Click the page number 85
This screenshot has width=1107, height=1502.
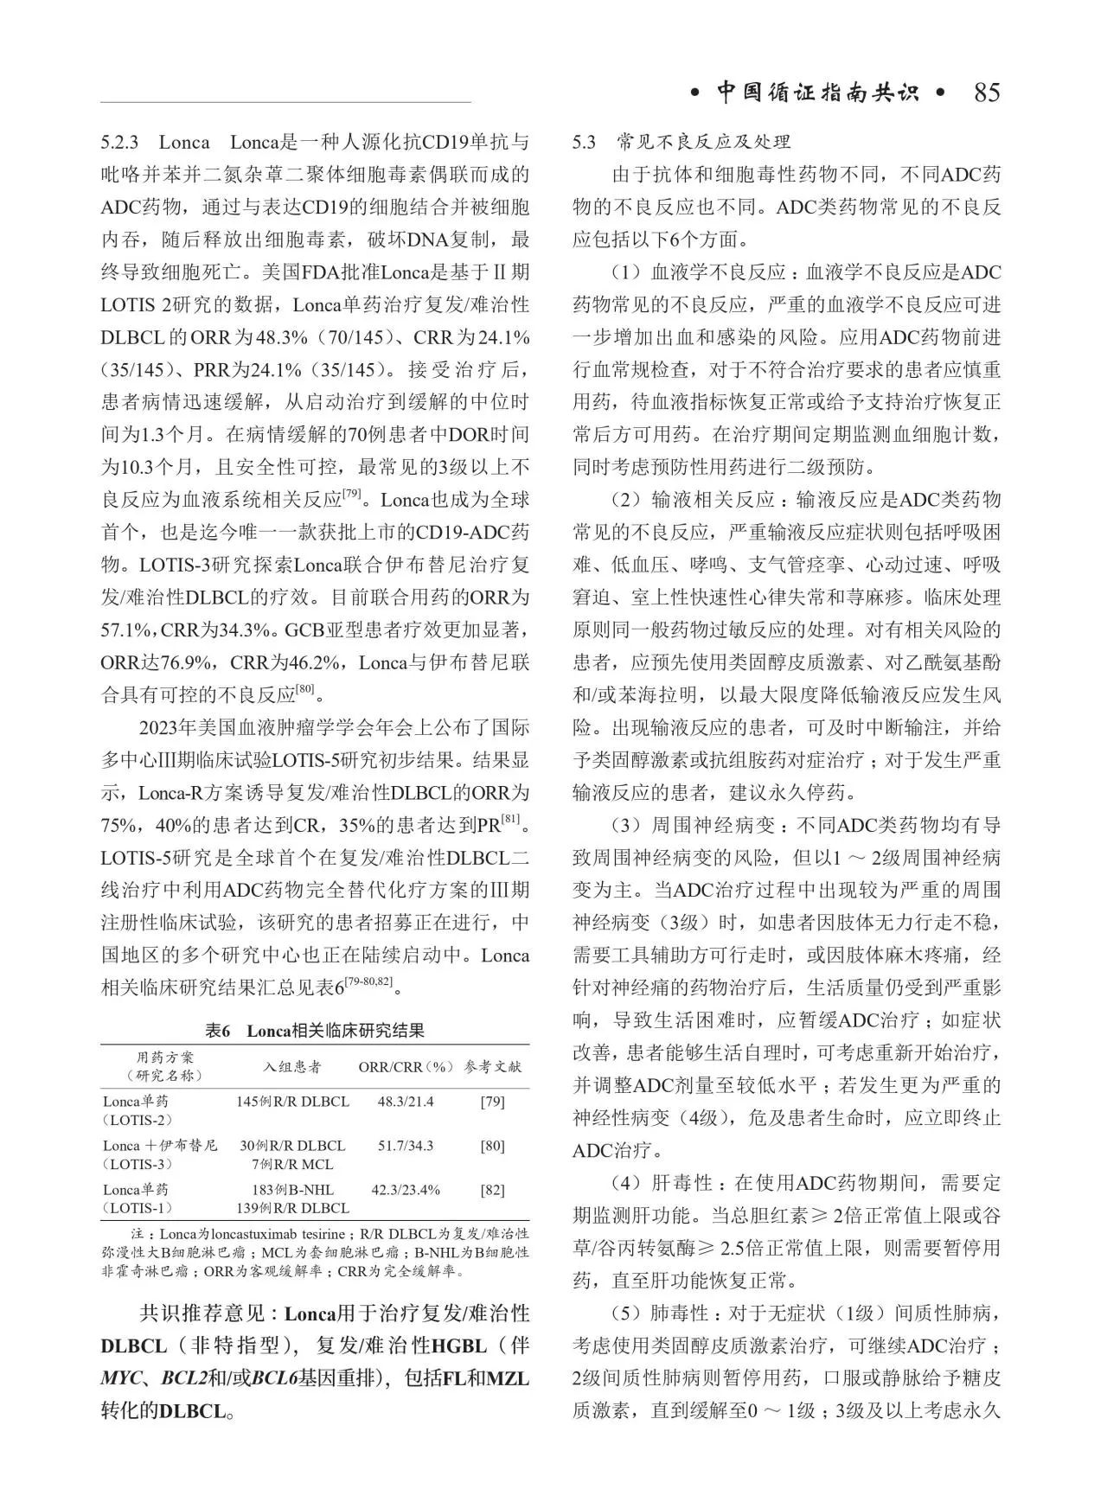click(x=986, y=93)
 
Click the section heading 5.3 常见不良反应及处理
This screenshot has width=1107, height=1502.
click(x=681, y=142)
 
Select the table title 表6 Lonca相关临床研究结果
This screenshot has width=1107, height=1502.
click(x=315, y=1031)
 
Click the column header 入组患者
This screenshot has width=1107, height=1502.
click(x=292, y=1067)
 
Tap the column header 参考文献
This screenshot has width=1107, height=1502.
click(x=493, y=1067)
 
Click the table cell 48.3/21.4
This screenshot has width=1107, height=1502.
click(x=406, y=1102)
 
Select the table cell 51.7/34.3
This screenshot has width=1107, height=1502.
click(x=406, y=1146)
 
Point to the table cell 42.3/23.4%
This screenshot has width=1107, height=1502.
click(x=406, y=1190)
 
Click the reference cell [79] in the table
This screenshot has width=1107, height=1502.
click(x=492, y=1102)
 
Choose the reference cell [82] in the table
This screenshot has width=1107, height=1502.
click(x=492, y=1190)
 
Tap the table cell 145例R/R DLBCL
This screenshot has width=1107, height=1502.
click(x=292, y=1102)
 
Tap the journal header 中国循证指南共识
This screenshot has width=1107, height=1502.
click(x=817, y=93)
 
